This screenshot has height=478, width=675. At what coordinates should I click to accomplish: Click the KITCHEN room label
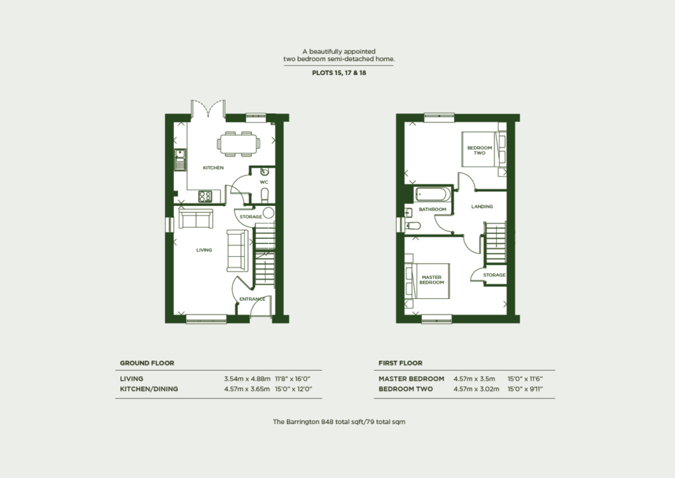(213, 168)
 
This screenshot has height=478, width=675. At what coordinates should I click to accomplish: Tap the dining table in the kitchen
(238, 143)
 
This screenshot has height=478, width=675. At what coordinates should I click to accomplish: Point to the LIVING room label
(204, 250)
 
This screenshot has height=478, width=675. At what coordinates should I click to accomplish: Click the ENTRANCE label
(252, 299)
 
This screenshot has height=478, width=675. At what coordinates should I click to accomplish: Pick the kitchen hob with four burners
(205, 196)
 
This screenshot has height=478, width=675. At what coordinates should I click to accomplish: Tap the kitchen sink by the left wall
(180, 159)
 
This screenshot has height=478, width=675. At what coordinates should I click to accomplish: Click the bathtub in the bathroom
(432, 194)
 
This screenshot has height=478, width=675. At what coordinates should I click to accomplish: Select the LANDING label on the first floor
(482, 207)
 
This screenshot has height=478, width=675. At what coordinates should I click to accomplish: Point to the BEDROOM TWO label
(479, 150)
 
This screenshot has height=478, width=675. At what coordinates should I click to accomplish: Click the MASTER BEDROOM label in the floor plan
(432, 280)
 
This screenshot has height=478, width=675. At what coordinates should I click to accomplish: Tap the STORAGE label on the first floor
(494, 275)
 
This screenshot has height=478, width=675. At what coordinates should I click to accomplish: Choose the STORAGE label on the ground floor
(250, 217)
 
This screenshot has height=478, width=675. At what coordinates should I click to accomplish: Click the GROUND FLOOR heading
(147, 363)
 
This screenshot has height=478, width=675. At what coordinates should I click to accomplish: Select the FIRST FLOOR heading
(400, 363)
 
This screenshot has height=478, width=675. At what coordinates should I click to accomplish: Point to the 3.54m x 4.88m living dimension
(247, 379)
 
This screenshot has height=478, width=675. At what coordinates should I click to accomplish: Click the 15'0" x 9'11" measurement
(525, 389)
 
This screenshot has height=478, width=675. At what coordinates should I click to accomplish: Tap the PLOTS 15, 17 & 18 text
(339, 73)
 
